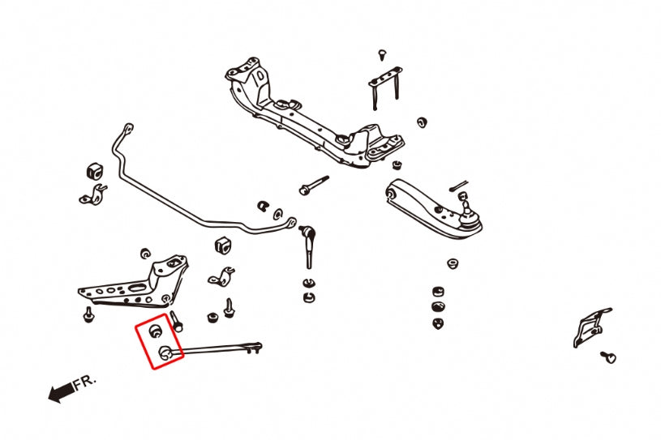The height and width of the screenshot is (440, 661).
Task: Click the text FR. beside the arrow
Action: (84, 382)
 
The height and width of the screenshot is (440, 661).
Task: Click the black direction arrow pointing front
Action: (61, 393)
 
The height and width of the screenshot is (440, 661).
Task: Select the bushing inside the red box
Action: (156, 331)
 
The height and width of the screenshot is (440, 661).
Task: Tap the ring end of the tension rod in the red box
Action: (165, 352)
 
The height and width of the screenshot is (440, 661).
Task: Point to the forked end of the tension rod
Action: (255, 348)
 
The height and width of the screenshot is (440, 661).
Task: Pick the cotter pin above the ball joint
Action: (459, 186)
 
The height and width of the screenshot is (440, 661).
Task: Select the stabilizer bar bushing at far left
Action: (95, 171)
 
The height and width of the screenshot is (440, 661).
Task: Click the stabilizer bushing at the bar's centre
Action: (223, 246)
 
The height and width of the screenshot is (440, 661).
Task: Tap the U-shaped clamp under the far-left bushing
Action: (92, 196)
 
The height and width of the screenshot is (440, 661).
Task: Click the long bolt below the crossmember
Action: (313, 186)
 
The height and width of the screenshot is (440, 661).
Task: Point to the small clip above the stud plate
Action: (382, 55)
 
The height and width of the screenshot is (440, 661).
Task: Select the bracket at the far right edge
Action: (591, 327)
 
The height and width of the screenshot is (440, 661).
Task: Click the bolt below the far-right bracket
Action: (608, 357)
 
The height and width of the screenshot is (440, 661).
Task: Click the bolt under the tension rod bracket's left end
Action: (88, 314)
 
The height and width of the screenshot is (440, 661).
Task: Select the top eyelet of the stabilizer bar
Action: (129, 126)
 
